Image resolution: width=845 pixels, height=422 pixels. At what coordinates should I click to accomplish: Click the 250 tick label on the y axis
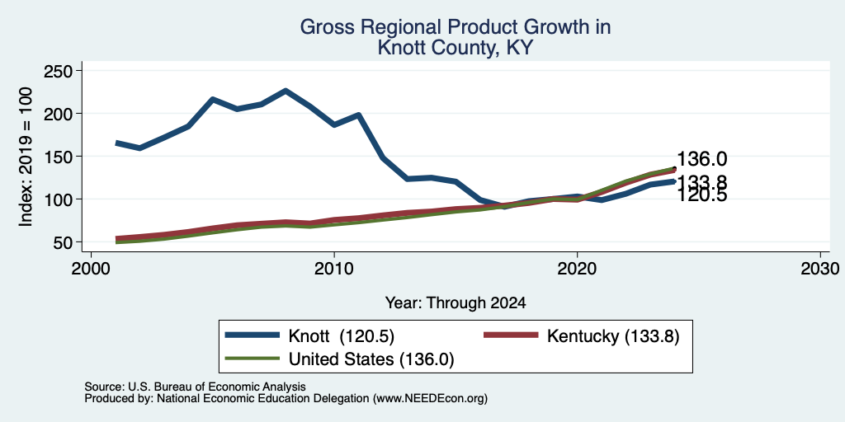point(59,71)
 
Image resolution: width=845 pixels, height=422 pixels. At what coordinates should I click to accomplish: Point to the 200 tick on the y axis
point(78,114)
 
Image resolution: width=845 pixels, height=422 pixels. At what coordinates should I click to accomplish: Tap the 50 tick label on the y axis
point(64,242)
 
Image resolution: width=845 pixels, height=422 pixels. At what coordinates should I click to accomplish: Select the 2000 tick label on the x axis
point(91,268)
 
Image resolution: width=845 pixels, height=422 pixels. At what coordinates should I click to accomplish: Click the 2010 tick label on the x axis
point(334,268)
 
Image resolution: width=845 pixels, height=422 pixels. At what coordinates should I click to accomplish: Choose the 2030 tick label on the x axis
point(820,268)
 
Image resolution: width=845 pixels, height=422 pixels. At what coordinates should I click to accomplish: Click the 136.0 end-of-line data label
point(701,159)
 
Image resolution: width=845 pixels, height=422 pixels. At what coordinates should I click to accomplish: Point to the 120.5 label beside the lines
point(701,195)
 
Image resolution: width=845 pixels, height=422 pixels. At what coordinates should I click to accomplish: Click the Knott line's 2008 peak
point(286,91)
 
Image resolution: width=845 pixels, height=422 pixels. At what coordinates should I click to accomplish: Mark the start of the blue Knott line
point(116,143)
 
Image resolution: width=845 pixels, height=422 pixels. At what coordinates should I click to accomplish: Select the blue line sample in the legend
point(253,335)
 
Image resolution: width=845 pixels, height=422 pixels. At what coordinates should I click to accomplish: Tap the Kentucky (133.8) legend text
point(613,336)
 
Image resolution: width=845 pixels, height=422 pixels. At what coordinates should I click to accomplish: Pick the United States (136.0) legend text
point(372,359)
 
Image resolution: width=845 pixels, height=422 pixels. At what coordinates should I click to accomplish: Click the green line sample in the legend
point(253,358)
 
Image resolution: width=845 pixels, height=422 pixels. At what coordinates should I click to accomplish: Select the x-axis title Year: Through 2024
point(456,303)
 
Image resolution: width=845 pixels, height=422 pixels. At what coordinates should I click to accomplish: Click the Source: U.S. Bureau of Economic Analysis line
point(195,387)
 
